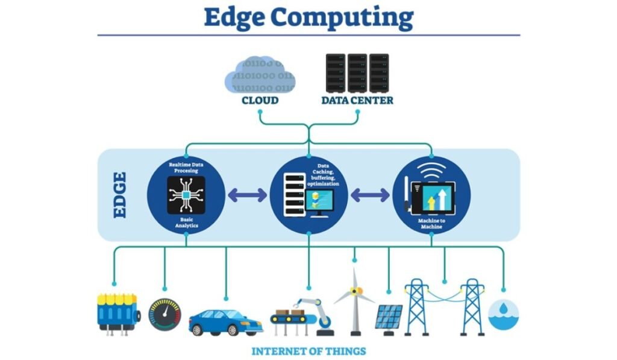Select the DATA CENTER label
click(x=357, y=101)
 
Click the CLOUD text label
click(x=260, y=101)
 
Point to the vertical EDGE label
click(x=120, y=195)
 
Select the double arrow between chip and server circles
click(x=247, y=195)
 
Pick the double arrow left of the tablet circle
click(x=370, y=195)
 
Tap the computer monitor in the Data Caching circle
click(x=322, y=201)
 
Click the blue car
click(x=225, y=322)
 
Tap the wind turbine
click(x=355, y=302)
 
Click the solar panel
click(x=389, y=317)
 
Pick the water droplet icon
click(x=503, y=315)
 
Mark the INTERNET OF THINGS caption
click(x=308, y=351)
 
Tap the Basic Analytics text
click(x=186, y=222)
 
